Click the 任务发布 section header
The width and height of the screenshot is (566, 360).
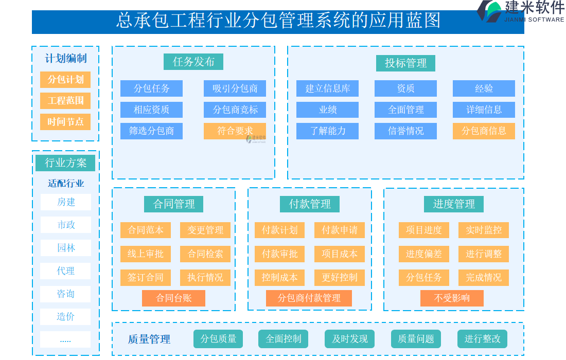pyautogui.click(x=193, y=62)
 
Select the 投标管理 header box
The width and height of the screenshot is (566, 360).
pyautogui.click(x=406, y=63)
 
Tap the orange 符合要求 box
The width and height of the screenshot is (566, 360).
pyautogui.click(x=235, y=131)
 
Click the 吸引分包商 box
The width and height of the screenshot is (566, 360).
pyautogui.click(x=235, y=88)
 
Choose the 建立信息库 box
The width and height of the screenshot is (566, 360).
pyautogui.click(x=327, y=88)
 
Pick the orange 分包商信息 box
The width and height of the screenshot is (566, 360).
pyautogui.click(x=484, y=131)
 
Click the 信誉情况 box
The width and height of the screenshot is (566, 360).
pyautogui.click(x=405, y=131)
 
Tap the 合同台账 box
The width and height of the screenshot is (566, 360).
pyautogui.click(x=173, y=298)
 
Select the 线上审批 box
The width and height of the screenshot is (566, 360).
pyautogui.click(x=146, y=254)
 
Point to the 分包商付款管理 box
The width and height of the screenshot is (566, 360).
pyautogui.click(x=309, y=298)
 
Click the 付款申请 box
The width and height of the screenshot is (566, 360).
pyautogui.click(x=340, y=230)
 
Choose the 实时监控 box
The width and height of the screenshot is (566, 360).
pyautogui.click(x=484, y=230)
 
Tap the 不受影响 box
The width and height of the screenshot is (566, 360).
pyautogui.click(x=452, y=298)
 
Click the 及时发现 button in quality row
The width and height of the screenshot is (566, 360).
pyautogui.click(x=350, y=339)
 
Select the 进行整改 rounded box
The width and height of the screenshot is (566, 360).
pyautogui.click(x=482, y=339)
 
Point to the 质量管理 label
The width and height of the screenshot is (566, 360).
pyautogui.click(x=149, y=339)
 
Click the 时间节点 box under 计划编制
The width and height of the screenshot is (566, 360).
pyautogui.click(x=65, y=122)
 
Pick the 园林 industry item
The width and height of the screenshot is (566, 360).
pyautogui.click(x=66, y=248)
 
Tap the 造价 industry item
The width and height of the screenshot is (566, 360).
pyautogui.click(x=66, y=316)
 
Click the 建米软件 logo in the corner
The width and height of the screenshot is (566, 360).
pyautogui.click(x=520, y=11)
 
